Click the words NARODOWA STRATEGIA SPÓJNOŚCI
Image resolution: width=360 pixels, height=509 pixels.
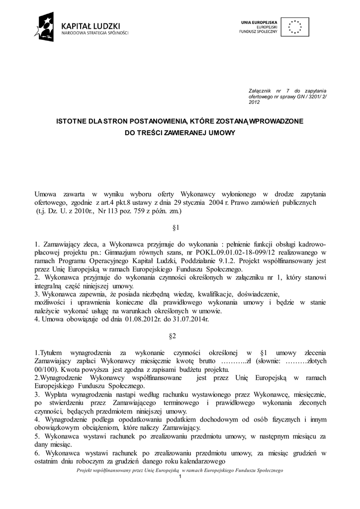point(94,33)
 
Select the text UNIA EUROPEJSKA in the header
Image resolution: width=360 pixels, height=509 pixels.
point(259,22)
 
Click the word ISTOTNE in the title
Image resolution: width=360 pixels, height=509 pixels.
point(70,121)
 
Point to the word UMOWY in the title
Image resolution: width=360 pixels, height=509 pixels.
point(222,133)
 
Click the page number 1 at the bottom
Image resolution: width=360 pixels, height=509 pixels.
point(180,477)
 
